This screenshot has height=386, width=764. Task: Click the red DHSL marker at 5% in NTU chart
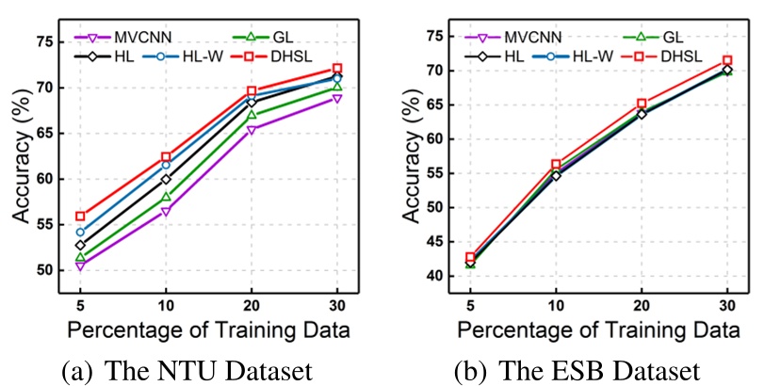80,217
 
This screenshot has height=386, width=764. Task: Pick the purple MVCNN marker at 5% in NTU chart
80,266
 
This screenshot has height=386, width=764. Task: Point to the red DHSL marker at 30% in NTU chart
337,69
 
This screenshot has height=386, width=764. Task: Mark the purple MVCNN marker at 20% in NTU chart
252,130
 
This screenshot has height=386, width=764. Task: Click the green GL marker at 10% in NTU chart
166,197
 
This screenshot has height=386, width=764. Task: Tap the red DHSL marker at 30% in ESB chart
727,60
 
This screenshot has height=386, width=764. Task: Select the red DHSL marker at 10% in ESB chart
556,164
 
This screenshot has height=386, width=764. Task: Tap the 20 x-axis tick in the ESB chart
641,305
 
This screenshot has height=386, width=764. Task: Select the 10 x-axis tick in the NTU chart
166,305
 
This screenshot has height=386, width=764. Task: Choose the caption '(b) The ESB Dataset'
577,367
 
